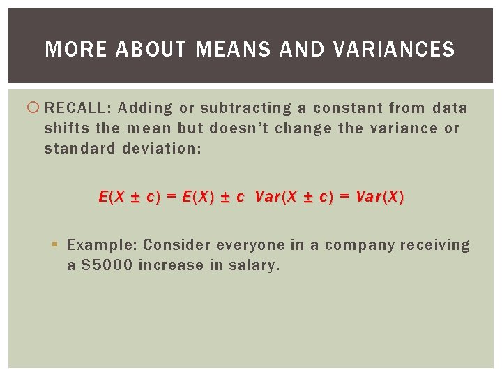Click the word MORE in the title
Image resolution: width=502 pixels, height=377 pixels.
click(67, 50)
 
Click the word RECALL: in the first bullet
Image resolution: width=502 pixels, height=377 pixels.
click(77, 108)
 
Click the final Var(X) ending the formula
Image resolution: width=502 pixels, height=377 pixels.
click(379, 197)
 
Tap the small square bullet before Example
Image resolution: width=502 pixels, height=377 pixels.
click(56, 245)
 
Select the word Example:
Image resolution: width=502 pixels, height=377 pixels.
click(102, 245)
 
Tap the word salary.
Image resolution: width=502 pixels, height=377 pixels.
click(254, 265)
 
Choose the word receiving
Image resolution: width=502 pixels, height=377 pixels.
click(436, 245)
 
